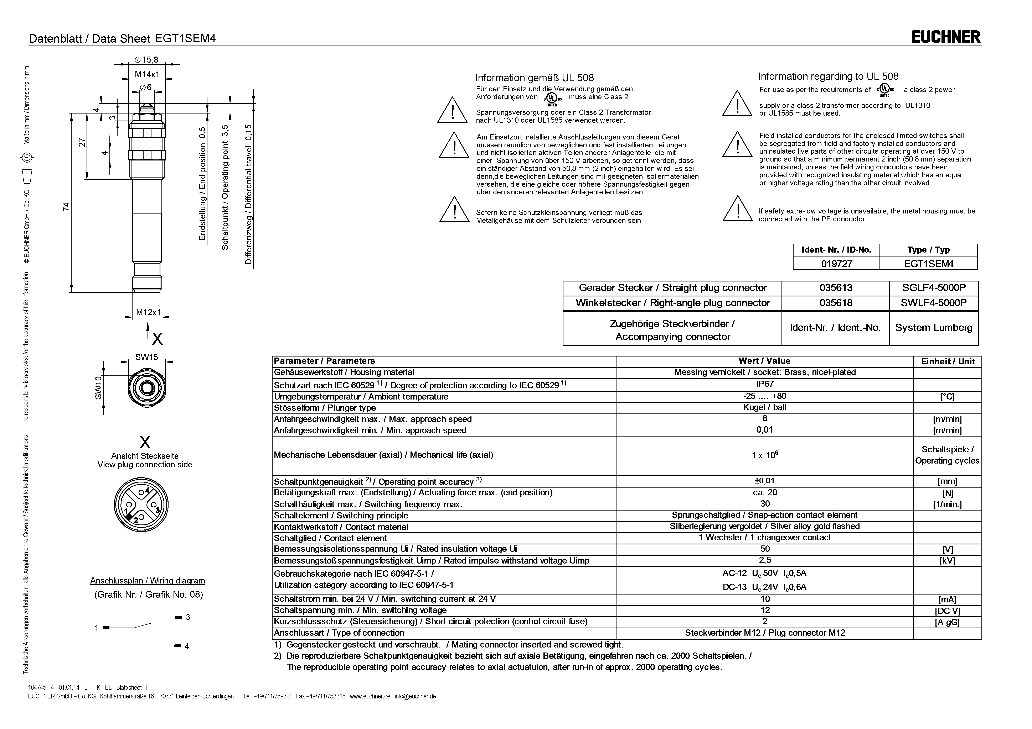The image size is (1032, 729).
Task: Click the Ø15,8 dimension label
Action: pyautogui.click(x=146, y=60)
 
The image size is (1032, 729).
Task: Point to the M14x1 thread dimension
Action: pyautogui.click(x=147, y=75)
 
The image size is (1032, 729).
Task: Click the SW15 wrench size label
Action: pyautogui.click(x=146, y=357)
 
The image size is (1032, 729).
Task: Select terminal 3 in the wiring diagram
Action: pyautogui.click(x=188, y=617)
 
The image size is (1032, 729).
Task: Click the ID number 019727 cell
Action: pyautogui.click(x=836, y=264)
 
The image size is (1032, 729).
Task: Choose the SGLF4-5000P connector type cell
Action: pyautogui.click(x=933, y=288)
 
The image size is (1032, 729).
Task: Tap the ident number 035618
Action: pyautogui.click(x=836, y=303)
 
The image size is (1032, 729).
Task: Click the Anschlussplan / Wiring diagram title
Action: pyautogui.click(x=148, y=581)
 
